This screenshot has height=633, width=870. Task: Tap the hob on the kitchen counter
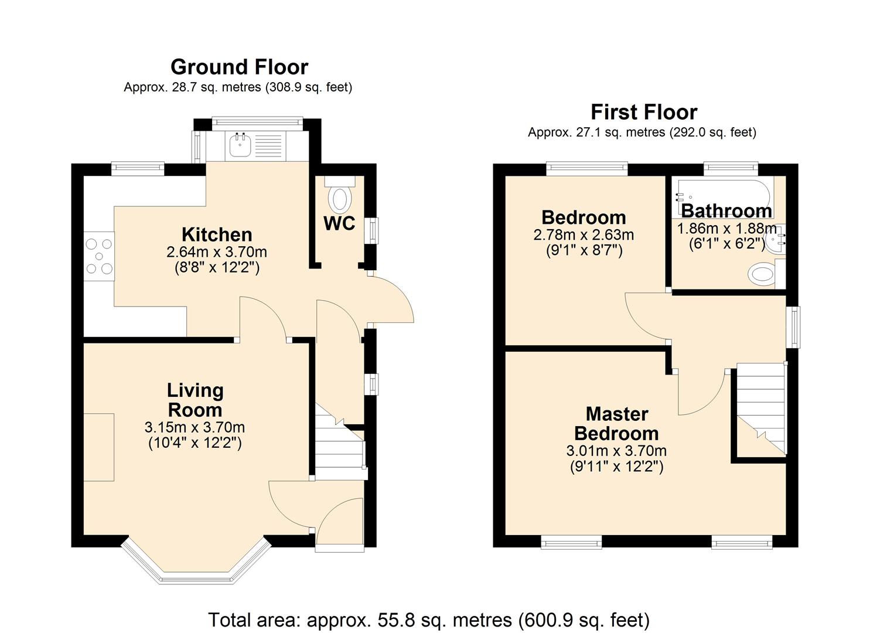[x=98, y=256]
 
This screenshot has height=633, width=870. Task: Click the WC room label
[x=339, y=223]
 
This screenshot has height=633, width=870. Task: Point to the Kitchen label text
[x=217, y=234]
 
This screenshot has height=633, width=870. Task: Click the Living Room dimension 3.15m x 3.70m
[x=195, y=427]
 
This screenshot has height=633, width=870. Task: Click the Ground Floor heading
[x=239, y=67]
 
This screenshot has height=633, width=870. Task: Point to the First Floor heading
[x=643, y=111]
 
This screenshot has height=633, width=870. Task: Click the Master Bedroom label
[x=616, y=424]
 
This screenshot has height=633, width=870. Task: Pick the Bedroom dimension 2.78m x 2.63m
[x=584, y=235]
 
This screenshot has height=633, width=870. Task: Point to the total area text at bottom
[x=429, y=620]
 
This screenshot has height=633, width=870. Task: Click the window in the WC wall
[x=371, y=230]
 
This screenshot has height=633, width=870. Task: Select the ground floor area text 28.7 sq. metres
[x=238, y=87]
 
